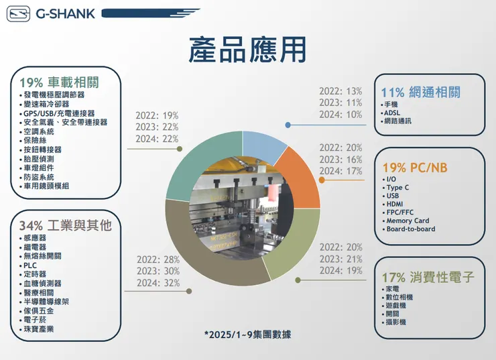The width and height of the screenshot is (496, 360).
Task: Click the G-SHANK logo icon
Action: pyautogui.click(x=18, y=13)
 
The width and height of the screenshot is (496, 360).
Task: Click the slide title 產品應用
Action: pyautogui.click(x=247, y=49)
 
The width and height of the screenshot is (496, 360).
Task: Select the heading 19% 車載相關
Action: pyautogui.click(x=59, y=82)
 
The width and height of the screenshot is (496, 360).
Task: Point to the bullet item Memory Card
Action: pyautogui.click(x=408, y=221)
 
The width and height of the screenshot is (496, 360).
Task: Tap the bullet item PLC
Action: pyautogui.click(x=30, y=265)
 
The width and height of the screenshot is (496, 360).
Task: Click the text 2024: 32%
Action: pyautogui.click(x=158, y=283)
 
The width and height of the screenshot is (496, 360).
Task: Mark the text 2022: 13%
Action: pyautogui.click(x=340, y=91)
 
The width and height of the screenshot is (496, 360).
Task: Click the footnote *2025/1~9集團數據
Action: pyautogui.click(x=247, y=334)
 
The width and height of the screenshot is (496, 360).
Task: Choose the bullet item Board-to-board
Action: pyautogui.click(x=410, y=229)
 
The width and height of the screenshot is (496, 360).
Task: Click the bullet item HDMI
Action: pyautogui.click(x=395, y=204)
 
